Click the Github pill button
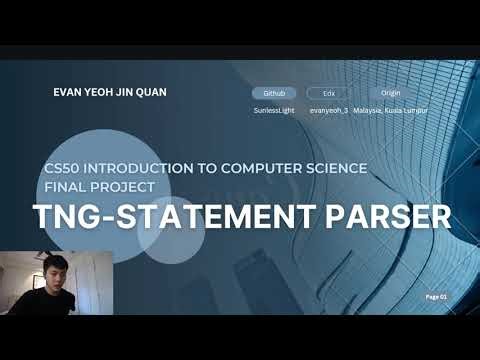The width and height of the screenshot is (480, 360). (x=274, y=92)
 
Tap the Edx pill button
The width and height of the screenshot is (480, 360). (x=327, y=92)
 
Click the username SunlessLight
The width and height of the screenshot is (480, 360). (x=274, y=110)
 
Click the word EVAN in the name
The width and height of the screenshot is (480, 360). (x=68, y=92)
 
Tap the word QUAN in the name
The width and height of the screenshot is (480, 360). (x=151, y=92)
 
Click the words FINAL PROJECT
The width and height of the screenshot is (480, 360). (x=99, y=186)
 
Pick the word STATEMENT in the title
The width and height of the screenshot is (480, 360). (x=221, y=216)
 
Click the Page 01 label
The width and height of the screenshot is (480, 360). (x=436, y=297)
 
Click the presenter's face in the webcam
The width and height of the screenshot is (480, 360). (x=56, y=274)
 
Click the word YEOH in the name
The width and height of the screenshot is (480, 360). (x=104, y=92)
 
